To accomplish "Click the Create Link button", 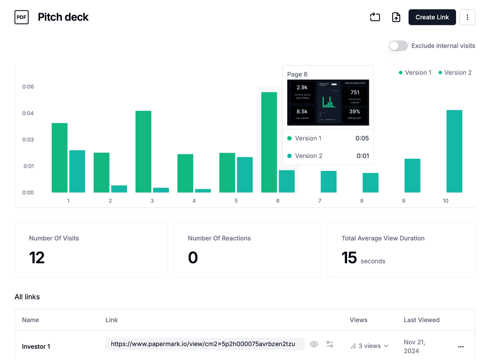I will tap(432, 17).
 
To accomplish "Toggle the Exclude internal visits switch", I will tap(398, 46).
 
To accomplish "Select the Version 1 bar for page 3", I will tap(143, 151).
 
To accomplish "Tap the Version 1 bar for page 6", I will tap(269, 142).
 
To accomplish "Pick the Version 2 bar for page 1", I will tap(77, 171).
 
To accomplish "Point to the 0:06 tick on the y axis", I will tap(28, 87).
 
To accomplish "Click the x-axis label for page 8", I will tap(362, 201).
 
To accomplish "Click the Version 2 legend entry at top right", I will tap(455, 73).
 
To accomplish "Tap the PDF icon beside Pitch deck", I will tap(22, 17).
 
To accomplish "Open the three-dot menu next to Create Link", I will tap(467, 17).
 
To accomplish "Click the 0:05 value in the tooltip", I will tap(362, 138).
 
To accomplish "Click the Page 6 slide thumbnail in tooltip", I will tap(328, 103).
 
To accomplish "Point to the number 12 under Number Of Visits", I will tap(37, 258).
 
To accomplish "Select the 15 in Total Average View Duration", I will tap(349, 258).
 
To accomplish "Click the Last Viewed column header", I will tap(422, 320).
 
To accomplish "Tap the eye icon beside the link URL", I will tap(314, 344).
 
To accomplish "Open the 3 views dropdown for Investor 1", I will tap(369, 346).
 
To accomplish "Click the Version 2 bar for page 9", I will tap(412, 175).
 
